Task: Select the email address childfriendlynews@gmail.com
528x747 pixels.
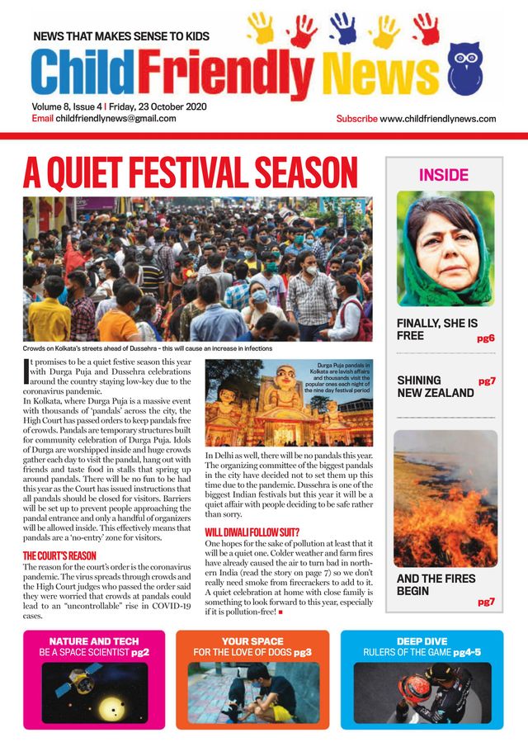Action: point(115,119)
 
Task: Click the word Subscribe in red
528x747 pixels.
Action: point(357,119)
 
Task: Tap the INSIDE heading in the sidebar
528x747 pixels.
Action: point(443,175)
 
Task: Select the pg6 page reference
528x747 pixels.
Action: point(485,338)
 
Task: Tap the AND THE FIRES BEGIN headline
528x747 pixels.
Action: point(436,584)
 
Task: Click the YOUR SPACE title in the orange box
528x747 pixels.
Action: point(252,641)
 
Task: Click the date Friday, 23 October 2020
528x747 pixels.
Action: point(163,106)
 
